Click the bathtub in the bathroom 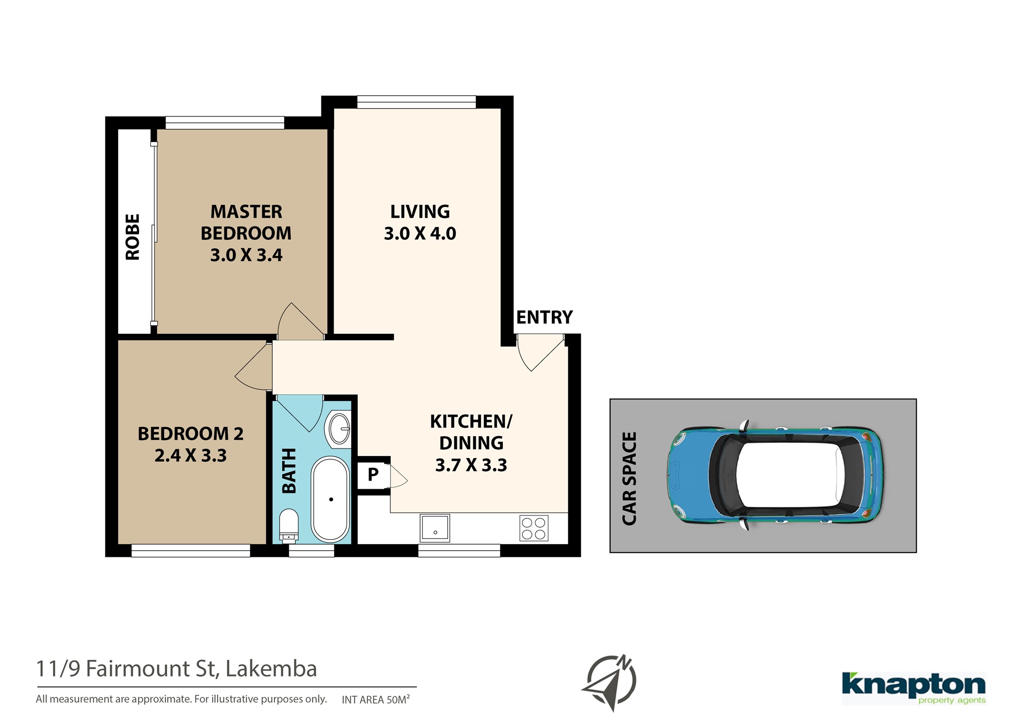click(331, 499)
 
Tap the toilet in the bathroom click(289, 525)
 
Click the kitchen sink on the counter click(435, 528)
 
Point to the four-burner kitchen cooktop click(534, 528)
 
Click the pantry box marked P click(374, 475)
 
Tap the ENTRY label click(544, 318)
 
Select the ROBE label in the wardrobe click(132, 237)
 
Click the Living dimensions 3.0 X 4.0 click(420, 234)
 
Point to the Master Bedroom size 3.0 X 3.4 click(246, 255)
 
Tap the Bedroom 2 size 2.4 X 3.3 click(191, 456)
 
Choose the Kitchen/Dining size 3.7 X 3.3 click(471, 465)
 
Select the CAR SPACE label click(630, 479)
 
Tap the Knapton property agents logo click(914, 688)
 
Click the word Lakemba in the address click(271, 669)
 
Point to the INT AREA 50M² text click(376, 699)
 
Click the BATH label click(289, 471)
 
